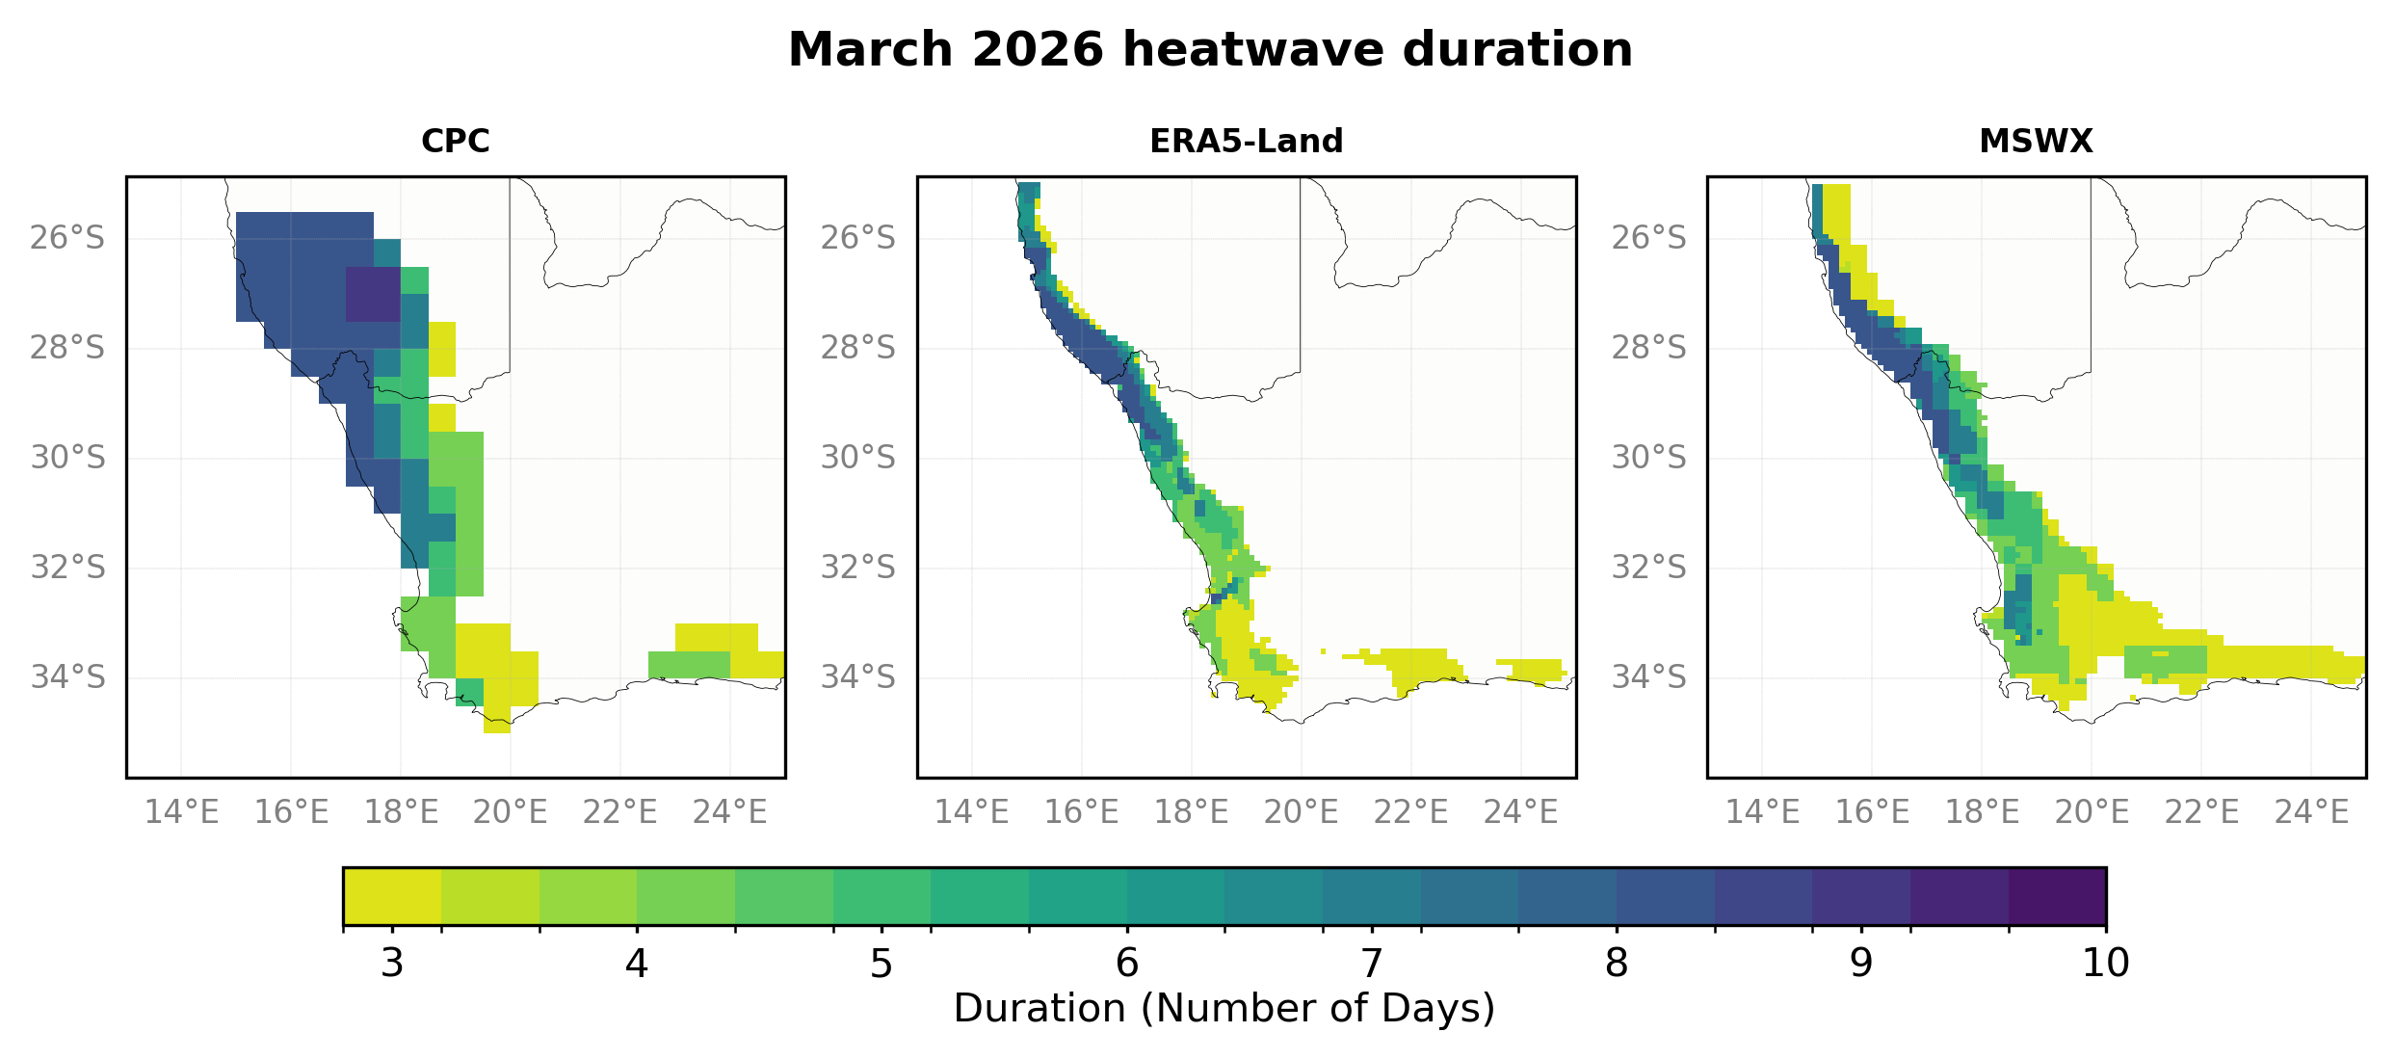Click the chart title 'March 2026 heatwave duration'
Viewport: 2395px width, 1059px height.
1210,50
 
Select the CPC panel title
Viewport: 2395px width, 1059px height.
456,142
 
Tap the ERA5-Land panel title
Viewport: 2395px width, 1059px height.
1246,142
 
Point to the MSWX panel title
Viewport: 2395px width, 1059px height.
2036,142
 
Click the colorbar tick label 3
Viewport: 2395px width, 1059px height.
392,963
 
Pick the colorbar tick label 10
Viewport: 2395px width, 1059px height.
2105,963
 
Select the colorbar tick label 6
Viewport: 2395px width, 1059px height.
1127,963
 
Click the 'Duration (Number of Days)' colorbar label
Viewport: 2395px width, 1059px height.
1224,1008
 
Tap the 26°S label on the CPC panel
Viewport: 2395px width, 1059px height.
67,237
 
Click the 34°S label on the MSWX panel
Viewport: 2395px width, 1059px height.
1649,676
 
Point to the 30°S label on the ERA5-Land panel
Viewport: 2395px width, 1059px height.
857,457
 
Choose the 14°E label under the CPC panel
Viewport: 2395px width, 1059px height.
181,812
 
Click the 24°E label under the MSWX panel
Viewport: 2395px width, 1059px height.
2311,812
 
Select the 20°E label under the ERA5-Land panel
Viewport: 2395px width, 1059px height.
1301,812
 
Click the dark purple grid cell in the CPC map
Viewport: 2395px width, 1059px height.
373,294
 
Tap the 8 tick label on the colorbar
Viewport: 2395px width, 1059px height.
1617,963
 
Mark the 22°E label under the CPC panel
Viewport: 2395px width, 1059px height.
619,812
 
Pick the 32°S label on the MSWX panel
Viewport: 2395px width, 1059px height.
1649,567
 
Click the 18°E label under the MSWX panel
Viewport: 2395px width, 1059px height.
1982,812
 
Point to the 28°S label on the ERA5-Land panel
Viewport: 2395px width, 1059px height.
857,347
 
